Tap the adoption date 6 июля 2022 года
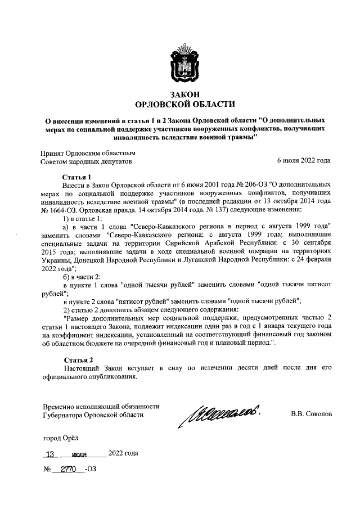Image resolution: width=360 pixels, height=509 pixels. (x=304, y=162)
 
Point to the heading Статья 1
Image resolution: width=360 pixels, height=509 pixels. (x=77, y=176)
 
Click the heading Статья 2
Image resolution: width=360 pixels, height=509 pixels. (x=77, y=359)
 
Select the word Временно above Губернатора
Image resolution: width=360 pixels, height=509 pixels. (x=60, y=406)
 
